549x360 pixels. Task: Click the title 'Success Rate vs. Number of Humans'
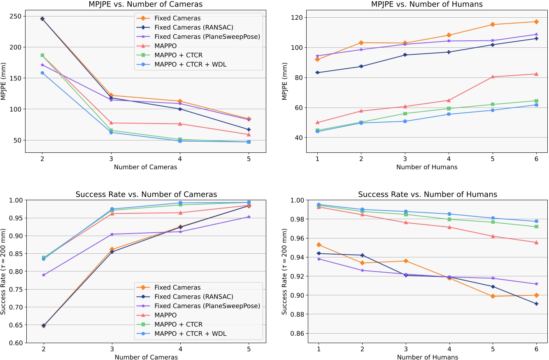click(428, 194)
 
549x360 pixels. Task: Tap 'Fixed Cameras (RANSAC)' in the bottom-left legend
click(200, 297)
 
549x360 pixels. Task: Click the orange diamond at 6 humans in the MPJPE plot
click(536, 22)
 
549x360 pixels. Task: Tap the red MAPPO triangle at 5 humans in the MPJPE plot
click(492, 77)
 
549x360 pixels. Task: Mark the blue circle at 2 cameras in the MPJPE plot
click(42, 73)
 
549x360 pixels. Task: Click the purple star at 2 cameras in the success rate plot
click(43, 275)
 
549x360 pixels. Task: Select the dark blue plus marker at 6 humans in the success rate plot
click(536, 304)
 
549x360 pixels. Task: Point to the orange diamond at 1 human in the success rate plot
click(319, 245)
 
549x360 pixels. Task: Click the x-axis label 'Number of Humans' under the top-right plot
click(427, 167)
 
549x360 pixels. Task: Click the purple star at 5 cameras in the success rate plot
click(249, 217)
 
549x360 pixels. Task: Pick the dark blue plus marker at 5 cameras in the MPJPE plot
click(249, 129)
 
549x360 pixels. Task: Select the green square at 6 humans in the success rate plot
click(536, 227)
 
